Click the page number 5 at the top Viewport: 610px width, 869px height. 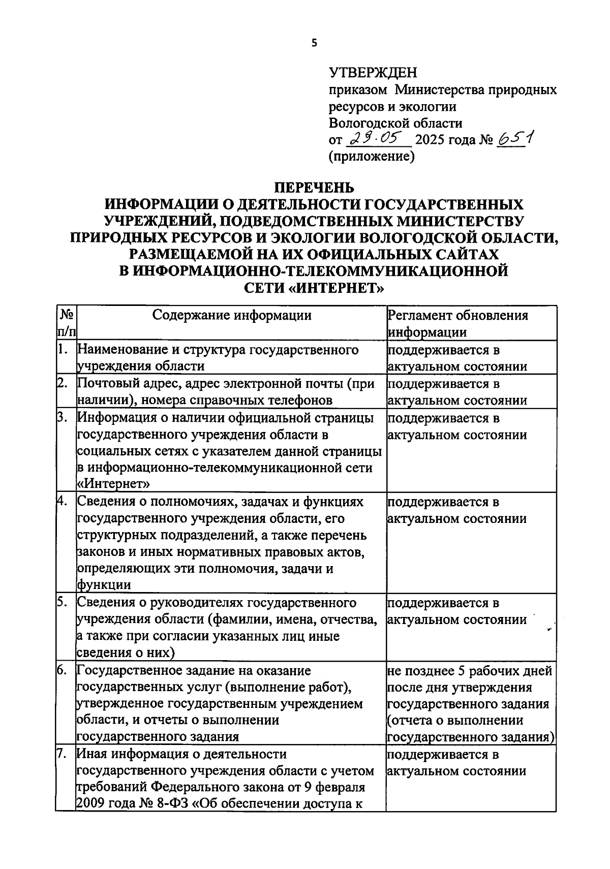[x=314, y=43]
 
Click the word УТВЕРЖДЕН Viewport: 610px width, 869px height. [x=373, y=73]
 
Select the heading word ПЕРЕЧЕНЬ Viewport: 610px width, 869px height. [x=314, y=188]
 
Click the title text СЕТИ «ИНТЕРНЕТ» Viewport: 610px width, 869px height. [x=314, y=288]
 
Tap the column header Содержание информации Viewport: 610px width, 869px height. [x=232, y=316]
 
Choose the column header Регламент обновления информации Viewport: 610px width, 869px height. [x=457, y=324]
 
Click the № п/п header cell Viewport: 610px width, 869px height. [x=66, y=324]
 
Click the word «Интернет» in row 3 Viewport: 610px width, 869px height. [x=113, y=483]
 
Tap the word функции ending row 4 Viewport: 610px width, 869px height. [x=104, y=585]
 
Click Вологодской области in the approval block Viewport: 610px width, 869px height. [x=395, y=123]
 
